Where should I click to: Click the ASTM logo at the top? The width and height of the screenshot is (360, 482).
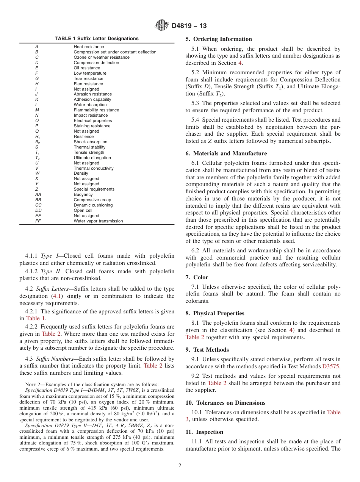tap(162, 26)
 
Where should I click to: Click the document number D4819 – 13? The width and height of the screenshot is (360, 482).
tap(189, 26)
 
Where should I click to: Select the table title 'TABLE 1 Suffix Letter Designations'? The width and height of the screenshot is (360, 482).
tap(97, 39)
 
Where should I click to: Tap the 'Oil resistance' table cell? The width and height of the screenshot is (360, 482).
tap(87, 68)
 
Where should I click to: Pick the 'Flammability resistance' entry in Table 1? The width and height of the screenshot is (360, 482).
tap(96, 110)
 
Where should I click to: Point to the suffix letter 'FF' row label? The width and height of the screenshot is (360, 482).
tap(38, 221)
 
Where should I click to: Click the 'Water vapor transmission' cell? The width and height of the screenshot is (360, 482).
tap(98, 221)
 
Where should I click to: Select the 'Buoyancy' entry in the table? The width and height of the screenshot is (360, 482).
tap(83, 194)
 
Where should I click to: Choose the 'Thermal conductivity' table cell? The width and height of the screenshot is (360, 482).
tap(93, 168)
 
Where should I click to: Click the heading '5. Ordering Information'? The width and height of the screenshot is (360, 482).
tap(219, 39)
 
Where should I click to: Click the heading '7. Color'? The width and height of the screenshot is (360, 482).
tap(197, 277)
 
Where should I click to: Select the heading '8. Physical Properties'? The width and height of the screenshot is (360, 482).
tap(215, 313)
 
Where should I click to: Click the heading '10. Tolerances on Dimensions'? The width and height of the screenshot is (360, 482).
tap(225, 403)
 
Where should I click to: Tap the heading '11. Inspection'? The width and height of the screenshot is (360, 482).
tap(204, 432)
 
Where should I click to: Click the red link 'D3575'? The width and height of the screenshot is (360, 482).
tap(331, 366)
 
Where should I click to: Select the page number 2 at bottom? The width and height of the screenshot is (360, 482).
tap(180, 466)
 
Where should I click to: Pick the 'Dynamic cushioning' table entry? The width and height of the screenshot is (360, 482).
tap(93, 205)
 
